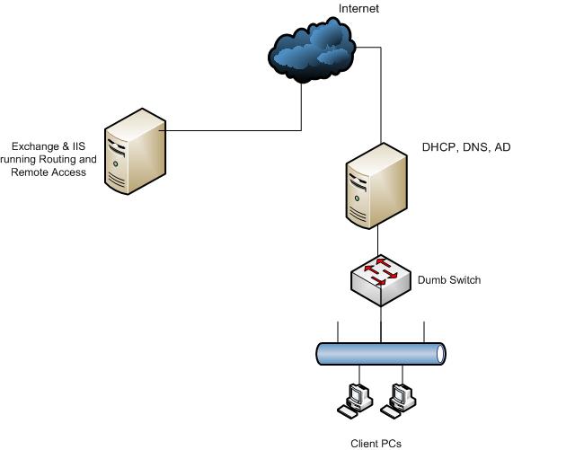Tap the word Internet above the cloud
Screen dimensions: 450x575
(358, 8)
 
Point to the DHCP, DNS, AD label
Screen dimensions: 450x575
(466, 146)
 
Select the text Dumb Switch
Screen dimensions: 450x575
(449, 280)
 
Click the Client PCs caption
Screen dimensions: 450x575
(376, 443)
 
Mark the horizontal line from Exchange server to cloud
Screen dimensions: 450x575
(234, 131)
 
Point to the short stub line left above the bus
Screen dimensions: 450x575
(337, 331)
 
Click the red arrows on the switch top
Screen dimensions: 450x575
(381, 269)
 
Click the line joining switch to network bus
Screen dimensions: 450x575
(381, 323)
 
